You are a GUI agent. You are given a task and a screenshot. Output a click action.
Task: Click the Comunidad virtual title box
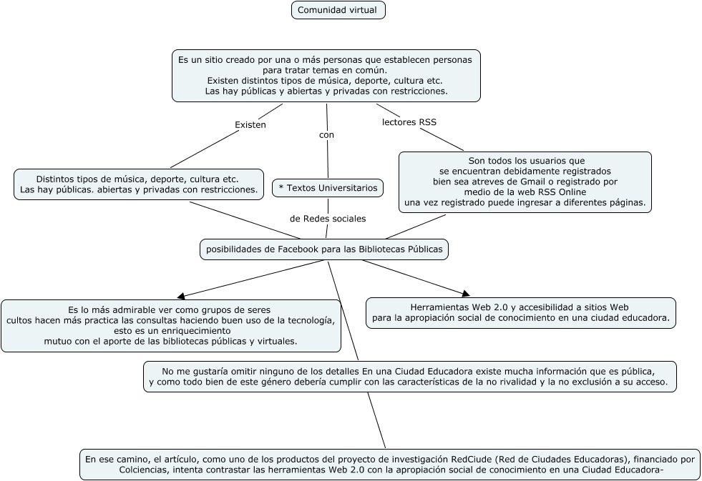pos(338,10)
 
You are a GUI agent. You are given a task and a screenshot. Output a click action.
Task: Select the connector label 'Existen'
pos(250,125)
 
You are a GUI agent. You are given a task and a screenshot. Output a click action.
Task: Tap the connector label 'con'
pos(326,134)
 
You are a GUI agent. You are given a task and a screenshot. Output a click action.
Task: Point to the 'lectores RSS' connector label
pos(409,122)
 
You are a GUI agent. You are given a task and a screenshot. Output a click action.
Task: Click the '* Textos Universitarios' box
pos(327,188)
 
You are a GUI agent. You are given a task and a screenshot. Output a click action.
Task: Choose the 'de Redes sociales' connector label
pos(327,218)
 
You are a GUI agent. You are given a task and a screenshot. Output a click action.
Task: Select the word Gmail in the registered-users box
pos(515,182)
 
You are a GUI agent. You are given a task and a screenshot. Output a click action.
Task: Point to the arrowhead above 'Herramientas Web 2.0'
pos(466,293)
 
